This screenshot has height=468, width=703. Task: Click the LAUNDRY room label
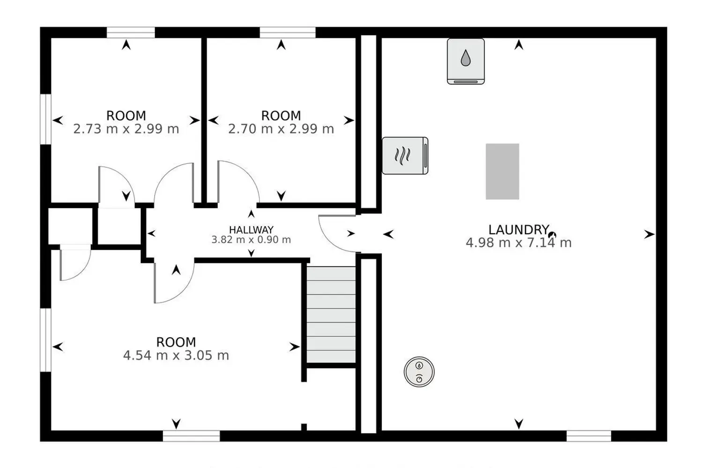(x=518, y=230)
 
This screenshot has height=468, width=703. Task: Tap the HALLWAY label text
(x=251, y=230)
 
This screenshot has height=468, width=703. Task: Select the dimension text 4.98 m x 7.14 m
(x=518, y=243)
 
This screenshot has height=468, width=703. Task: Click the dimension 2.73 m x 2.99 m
(x=126, y=129)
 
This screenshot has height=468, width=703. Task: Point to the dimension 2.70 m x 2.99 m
(x=281, y=129)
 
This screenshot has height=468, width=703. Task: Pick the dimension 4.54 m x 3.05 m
(x=176, y=356)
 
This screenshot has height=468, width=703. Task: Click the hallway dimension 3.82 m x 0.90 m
(x=251, y=240)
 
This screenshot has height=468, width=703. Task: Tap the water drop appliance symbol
(x=466, y=61)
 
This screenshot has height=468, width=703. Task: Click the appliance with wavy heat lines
(x=405, y=155)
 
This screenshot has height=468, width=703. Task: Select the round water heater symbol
(x=419, y=372)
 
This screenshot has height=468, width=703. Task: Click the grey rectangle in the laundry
(x=502, y=171)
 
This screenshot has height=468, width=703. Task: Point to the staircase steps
(x=331, y=314)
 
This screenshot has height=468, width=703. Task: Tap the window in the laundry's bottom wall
(x=589, y=436)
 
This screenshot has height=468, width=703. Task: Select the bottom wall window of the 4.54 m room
(x=191, y=436)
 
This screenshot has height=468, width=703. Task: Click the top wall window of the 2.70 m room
(x=287, y=33)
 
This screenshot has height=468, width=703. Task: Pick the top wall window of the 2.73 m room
(x=131, y=33)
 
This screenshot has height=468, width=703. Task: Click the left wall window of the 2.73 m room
(x=45, y=119)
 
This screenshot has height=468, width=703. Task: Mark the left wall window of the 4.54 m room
(x=45, y=340)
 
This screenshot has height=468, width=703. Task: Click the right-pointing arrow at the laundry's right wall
(x=649, y=234)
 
